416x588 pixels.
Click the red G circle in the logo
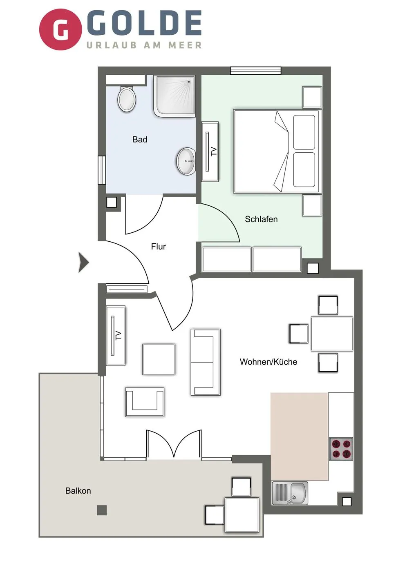point(60,29)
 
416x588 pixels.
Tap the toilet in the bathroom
point(127,99)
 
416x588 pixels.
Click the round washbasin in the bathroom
point(186,161)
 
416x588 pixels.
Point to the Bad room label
point(140,140)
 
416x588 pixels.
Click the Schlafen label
point(261,219)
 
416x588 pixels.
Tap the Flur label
point(159,247)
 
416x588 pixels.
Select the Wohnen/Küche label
point(268,362)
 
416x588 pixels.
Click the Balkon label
point(78,491)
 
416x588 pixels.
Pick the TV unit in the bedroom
point(210,151)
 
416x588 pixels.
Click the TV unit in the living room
point(116,335)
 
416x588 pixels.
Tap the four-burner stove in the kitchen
point(341,449)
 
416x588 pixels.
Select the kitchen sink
point(290,493)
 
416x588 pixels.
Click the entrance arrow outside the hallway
point(83,262)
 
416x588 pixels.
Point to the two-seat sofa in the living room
point(206,362)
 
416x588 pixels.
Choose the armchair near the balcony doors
point(145,402)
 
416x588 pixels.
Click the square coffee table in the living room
point(159,359)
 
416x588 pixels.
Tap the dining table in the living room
point(332,334)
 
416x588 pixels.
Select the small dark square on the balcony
point(102,510)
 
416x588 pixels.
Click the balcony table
point(242,515)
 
